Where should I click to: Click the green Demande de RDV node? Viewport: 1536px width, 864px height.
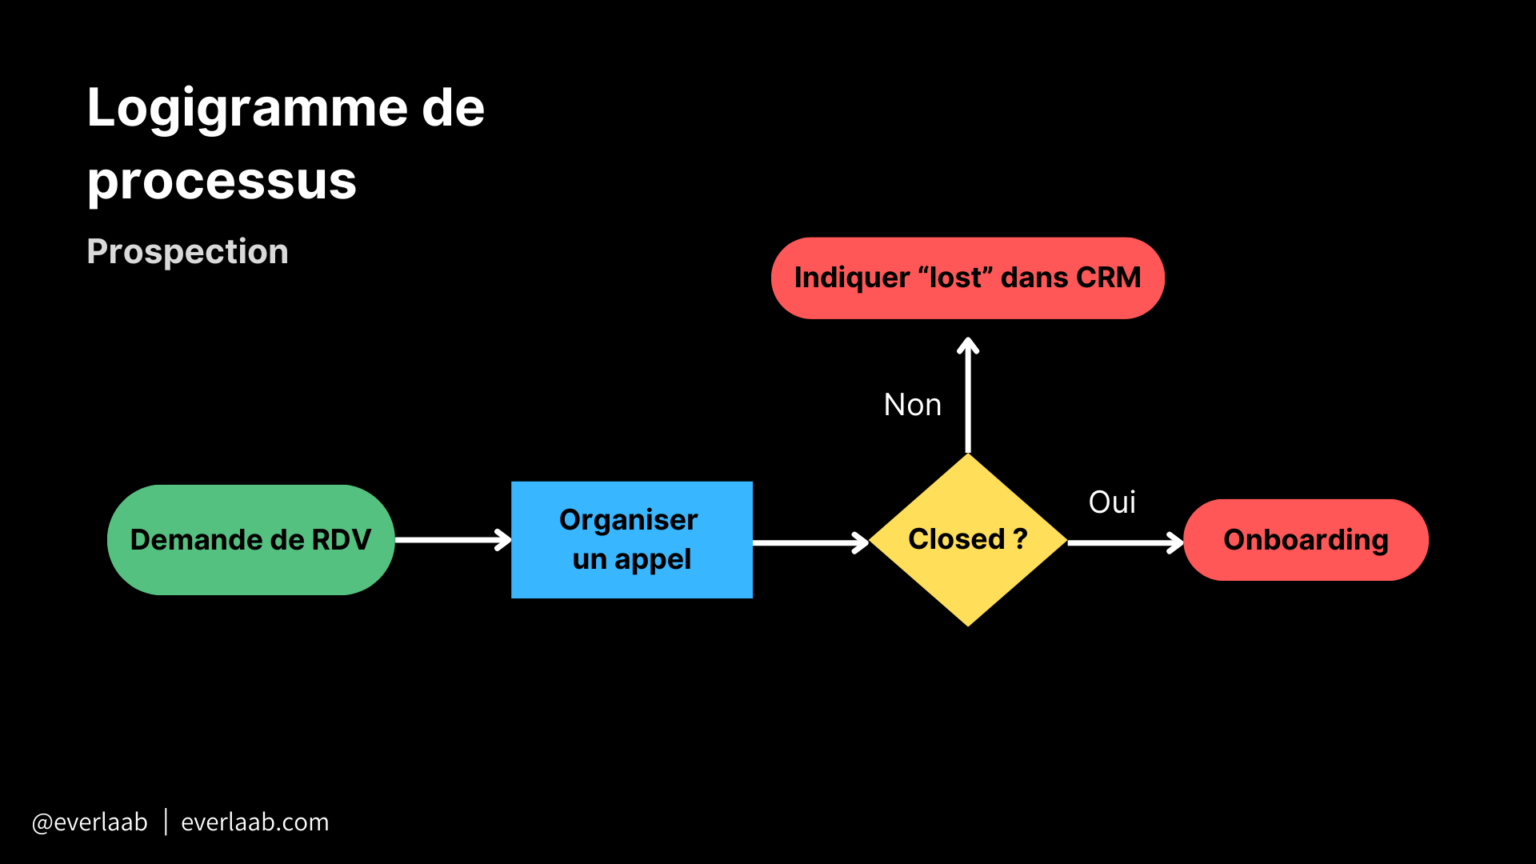250,540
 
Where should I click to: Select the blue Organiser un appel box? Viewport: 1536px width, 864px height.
631,540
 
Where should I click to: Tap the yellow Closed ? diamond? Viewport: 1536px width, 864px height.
968,540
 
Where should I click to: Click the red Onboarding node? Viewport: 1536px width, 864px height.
1306,540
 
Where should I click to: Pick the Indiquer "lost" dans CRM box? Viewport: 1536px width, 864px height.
967,278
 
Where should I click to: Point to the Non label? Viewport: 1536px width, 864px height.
912,405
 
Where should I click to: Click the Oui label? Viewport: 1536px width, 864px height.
1112,502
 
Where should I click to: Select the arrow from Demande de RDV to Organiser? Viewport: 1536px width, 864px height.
453,540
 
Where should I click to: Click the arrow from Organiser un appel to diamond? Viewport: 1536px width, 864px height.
810,543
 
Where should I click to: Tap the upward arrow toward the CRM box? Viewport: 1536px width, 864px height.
968,396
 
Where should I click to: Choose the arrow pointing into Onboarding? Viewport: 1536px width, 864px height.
1125,543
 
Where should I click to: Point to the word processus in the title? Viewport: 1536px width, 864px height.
222,181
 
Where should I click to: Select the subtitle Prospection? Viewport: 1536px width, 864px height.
187,252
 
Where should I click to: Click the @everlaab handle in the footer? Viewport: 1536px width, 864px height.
90,822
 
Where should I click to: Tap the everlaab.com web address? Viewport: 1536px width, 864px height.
254,822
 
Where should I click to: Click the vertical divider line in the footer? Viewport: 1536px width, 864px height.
166,822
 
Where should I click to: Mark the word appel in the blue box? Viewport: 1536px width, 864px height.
652,560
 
